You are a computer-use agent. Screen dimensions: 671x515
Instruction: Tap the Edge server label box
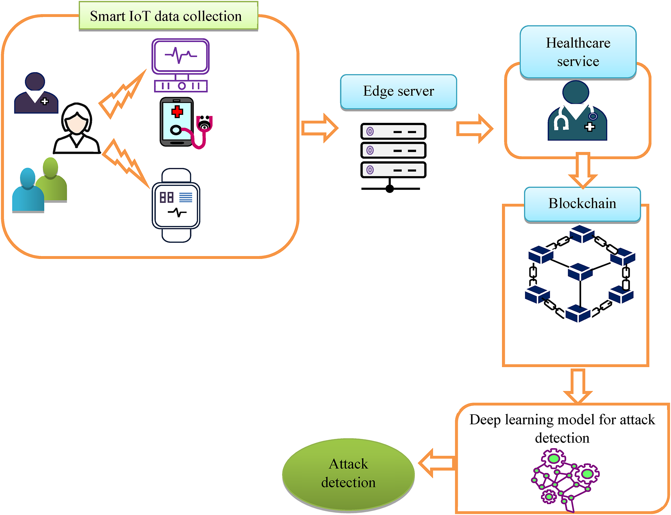[x=399, y=92]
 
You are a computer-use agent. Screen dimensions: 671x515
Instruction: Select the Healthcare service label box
[x=578, y=52]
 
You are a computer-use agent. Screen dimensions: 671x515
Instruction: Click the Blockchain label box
[x=582, y=204]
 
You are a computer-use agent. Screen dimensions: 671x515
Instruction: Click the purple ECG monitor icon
[x=180, y=65]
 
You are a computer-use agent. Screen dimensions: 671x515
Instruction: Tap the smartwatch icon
[x=176, y=205]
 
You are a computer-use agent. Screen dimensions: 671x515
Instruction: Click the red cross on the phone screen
[x=177, y=112]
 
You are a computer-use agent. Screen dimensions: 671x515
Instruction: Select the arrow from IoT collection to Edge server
[x=320, y=128]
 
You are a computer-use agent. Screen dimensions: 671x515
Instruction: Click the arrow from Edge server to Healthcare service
[x=475, y=128]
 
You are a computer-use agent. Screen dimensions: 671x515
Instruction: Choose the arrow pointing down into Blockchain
[x=583, y=170]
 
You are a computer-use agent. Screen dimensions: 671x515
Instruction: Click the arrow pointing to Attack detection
[x=437, y=463]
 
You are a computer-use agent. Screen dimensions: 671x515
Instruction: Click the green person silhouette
[x=52, y=180]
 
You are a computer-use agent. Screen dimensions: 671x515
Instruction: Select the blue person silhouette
[x=28, y=190]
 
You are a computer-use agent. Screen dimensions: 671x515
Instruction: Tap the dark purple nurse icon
[x=36, y=93]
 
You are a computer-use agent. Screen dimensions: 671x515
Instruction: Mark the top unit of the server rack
[x=393, y=132]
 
